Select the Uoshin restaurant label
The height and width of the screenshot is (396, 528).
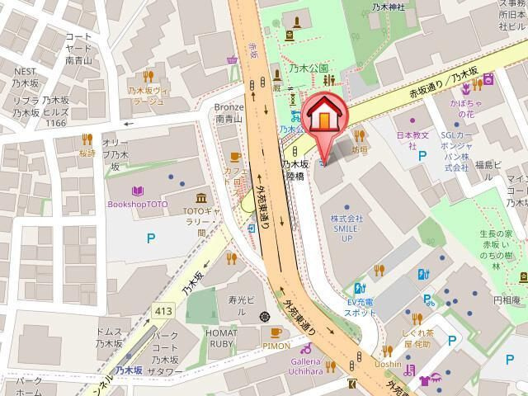tap(387, 364)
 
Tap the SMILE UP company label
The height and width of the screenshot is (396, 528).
tap(346, 229)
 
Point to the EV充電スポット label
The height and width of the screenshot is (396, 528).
tap(361, 308)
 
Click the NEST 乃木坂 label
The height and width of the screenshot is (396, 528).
tap(25, 78)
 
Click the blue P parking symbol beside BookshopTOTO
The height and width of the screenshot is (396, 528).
tap(150, 239)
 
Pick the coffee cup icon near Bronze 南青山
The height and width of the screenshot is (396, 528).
tap(234, 156)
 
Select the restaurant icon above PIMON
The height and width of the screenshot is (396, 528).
tap(276, 332)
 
